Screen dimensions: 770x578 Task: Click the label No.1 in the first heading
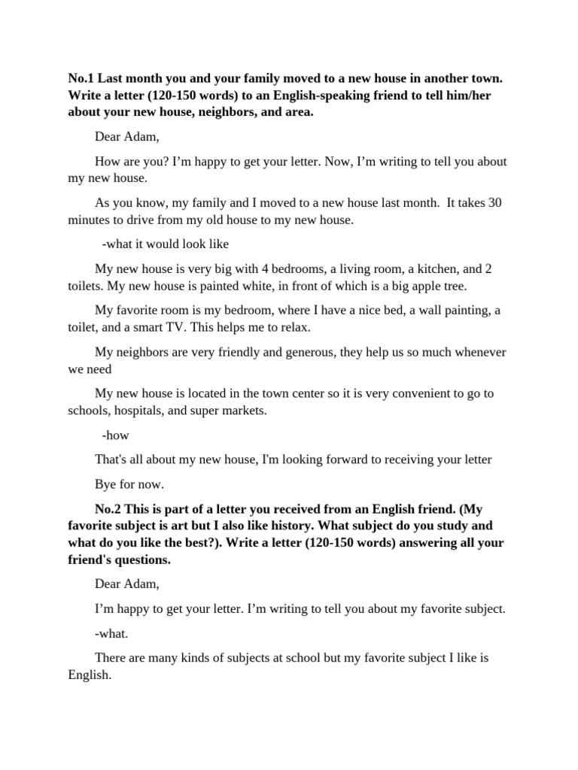pos(81,78)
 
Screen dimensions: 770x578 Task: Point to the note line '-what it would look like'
pos(165,244)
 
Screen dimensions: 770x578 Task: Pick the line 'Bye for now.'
pos(129,484)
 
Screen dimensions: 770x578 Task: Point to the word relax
pos(294,328)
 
